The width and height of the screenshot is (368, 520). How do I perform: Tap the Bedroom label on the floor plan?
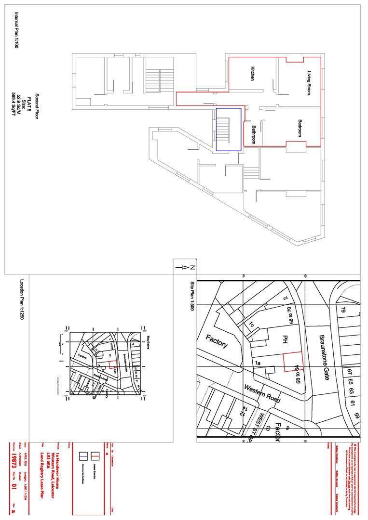(300, 129)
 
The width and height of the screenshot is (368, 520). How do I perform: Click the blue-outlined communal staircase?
(228, 129)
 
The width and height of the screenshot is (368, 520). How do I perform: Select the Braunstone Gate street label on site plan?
(324, 356)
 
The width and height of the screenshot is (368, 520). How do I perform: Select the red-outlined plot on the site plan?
(292, 361)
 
